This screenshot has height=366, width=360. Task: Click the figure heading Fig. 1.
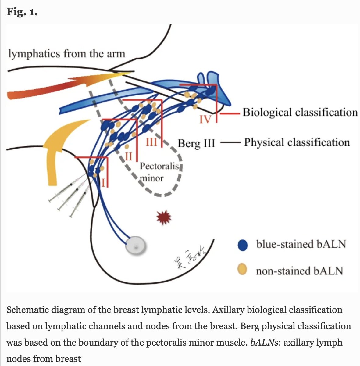22,13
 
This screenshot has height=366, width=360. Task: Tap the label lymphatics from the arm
66,54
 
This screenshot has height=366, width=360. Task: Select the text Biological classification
300,113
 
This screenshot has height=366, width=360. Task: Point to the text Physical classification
297,142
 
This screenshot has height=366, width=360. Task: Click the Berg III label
196,143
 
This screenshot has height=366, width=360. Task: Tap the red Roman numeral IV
205,119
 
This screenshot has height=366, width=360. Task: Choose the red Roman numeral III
151,142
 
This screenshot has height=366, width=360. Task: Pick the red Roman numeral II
129,156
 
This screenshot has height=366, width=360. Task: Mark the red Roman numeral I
103,183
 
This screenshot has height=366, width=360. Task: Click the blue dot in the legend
242,245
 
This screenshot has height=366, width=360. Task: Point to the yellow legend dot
242,270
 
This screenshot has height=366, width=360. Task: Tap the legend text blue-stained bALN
301,244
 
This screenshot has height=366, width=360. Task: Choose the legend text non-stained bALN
299,271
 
